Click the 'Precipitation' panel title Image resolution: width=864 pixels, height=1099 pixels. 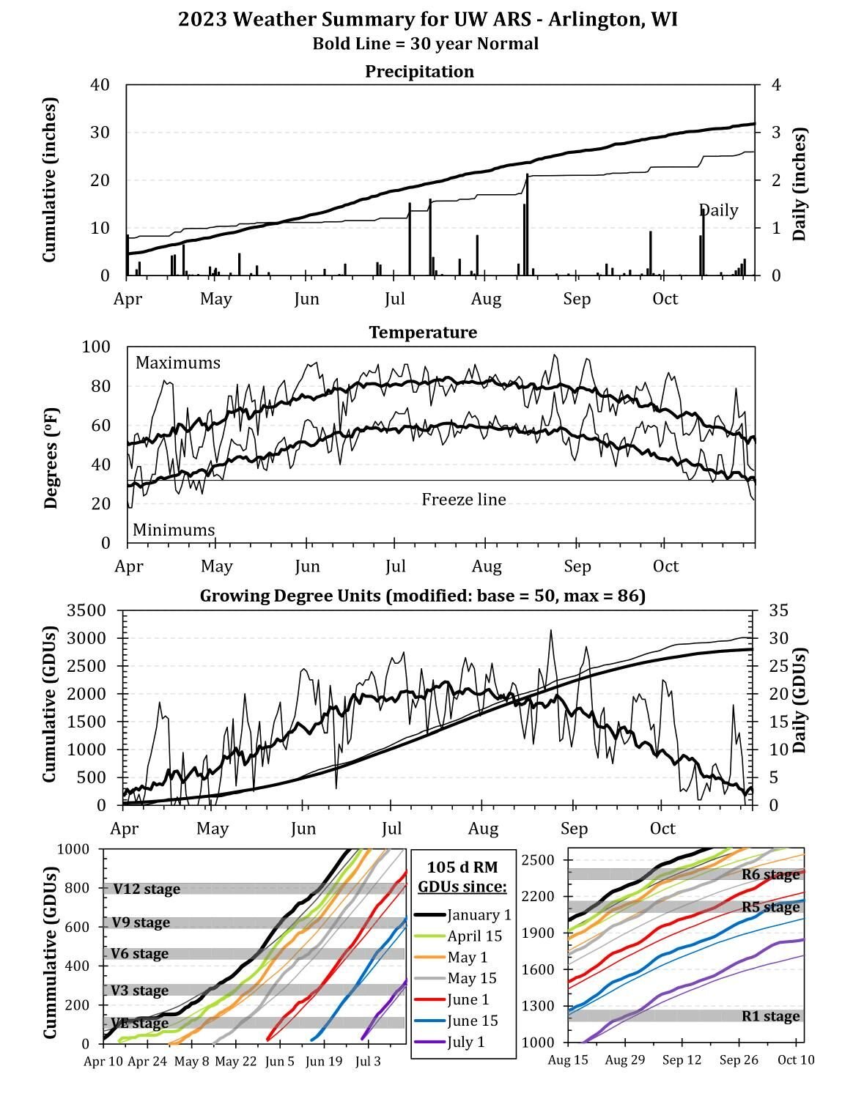tap(419, 71)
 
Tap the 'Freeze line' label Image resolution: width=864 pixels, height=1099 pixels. tap(463, 500)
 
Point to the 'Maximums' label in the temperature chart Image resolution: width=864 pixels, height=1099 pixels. tap(177, 363)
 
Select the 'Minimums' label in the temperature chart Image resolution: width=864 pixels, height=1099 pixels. tap(174, 530)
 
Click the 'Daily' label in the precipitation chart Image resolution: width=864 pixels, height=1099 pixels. tap(718, 211)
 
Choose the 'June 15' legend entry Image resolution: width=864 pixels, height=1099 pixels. tap(473, 1021)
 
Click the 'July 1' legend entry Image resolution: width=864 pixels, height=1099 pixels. tap(466, 1042)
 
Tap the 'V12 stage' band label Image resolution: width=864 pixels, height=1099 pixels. tap(146, 889)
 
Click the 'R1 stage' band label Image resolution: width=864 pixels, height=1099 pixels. tap(770, 1016)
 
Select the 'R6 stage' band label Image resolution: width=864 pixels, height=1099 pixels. tap(770, 874)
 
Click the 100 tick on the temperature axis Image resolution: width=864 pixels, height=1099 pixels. tap(95, 347)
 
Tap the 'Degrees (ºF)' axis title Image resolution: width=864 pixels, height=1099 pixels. tap(51, 444)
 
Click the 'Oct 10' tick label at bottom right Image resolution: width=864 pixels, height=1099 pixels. tap(796, 1059)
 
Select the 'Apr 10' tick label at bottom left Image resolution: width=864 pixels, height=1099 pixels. tap(103, 1061)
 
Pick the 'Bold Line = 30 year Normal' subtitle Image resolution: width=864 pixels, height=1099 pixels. tap(425, 44)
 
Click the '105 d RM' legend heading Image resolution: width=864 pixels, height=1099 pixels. tap(462, 867)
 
